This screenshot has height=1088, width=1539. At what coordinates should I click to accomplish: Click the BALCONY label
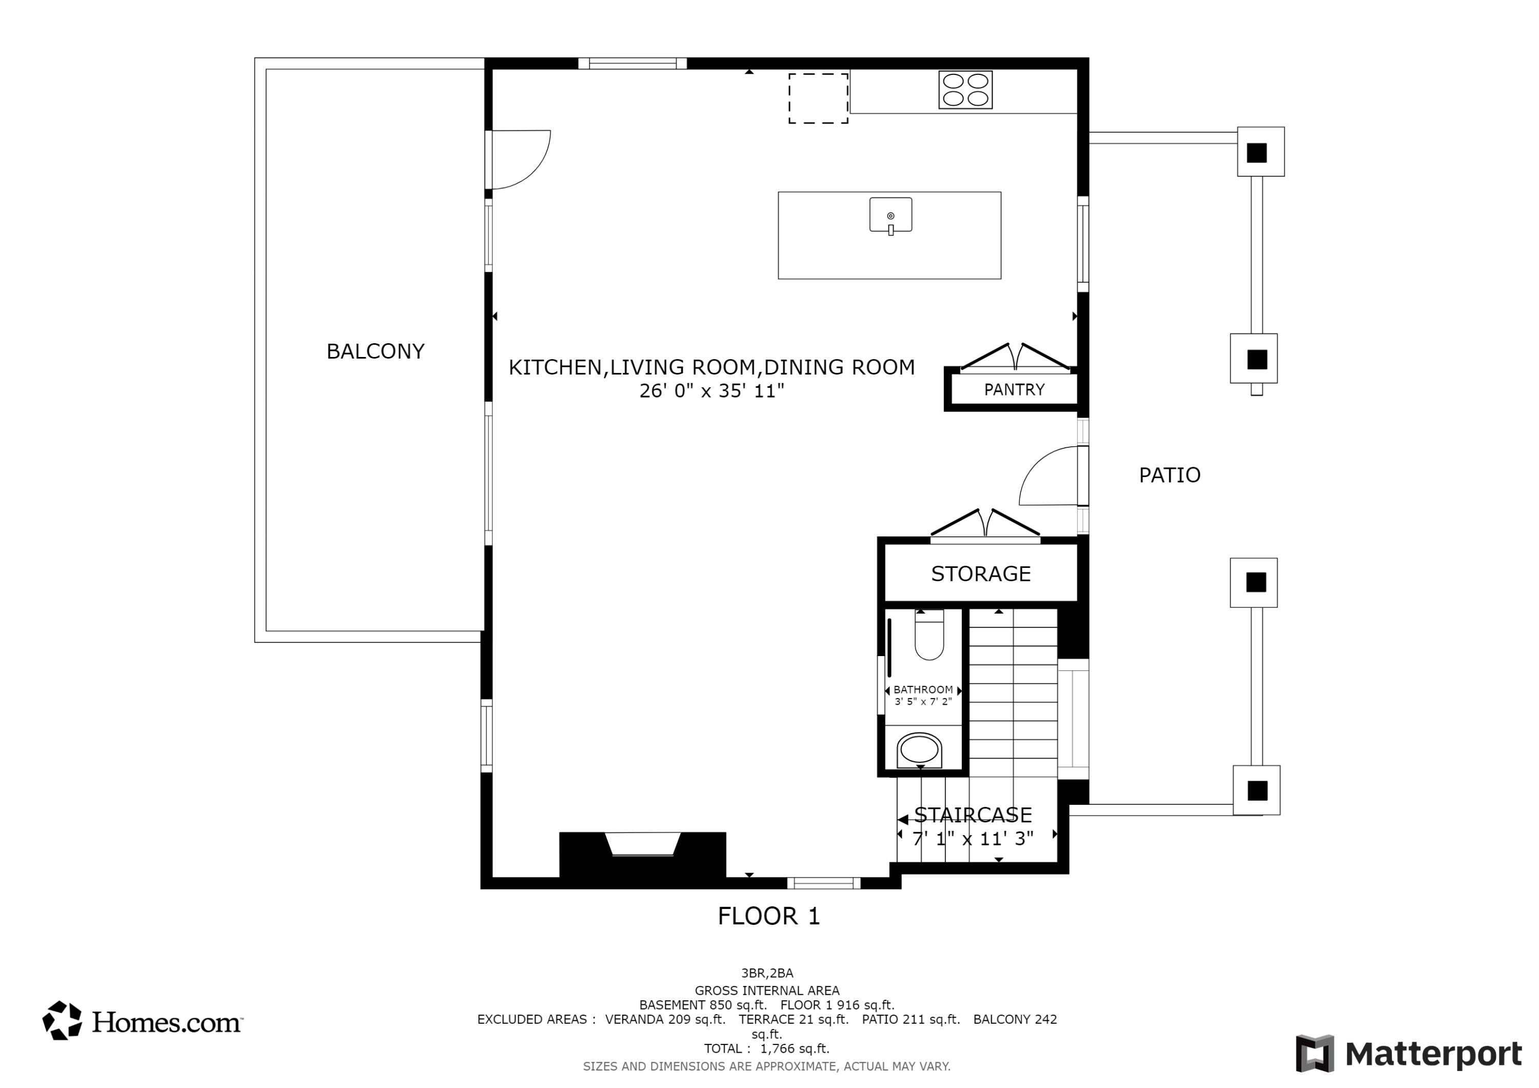click(376, 351)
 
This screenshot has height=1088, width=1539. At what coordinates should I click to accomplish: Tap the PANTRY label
click(1014, 389)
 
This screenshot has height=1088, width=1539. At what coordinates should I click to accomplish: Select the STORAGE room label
click(981, 574)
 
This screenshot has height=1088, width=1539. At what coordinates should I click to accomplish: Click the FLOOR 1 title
click(769, 916)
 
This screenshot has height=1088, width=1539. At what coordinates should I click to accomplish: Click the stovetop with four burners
click(965, 90)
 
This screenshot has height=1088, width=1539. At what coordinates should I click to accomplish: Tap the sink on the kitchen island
click(890, 216)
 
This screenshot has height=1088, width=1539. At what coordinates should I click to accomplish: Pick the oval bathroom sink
click(919, 750)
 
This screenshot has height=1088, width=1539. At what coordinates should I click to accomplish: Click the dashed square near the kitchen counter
click(818, 98)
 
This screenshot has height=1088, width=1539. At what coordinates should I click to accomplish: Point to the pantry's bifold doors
click(1015, 356)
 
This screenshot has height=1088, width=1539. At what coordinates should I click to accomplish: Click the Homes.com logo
click(142, 1021)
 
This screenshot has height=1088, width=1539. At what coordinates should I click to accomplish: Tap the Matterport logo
click(1408, 1054)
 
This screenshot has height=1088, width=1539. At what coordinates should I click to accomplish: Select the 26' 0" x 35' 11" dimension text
click(711, 391)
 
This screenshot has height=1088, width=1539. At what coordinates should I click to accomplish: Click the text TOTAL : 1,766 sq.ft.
click(766, 1049)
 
